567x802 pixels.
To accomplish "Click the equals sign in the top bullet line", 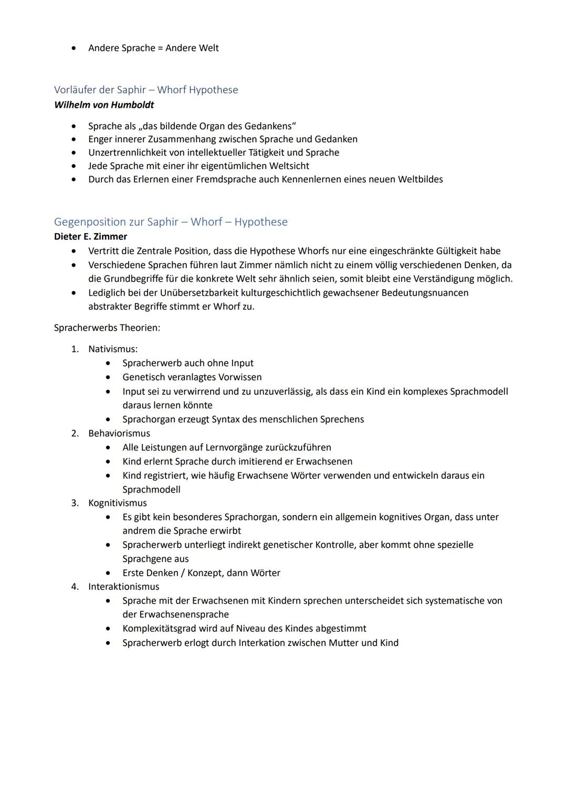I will pos(161,48).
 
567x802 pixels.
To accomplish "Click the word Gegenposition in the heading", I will pos(90,222).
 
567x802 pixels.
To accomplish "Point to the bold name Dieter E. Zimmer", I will pos(90,236).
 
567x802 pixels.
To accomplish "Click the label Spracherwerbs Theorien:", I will pos(107,328).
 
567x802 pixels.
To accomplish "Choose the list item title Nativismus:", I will pos(113,349).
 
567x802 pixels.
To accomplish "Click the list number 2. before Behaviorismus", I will pos(75,433).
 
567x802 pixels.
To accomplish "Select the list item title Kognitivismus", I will pos(118,503).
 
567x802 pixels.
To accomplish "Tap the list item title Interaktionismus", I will pos(123,587).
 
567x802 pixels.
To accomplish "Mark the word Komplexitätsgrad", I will pos(160,629).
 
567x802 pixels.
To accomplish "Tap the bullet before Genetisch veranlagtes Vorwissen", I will pos(108,377).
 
